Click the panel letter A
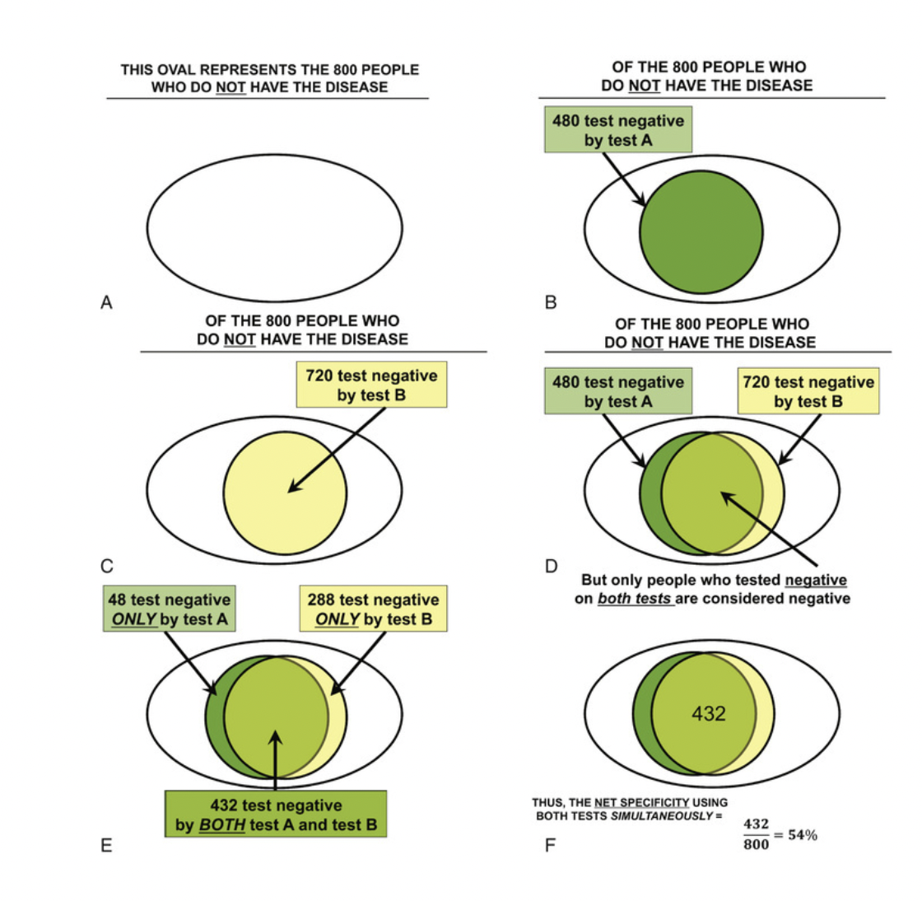[106, 302]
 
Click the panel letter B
[551, 302]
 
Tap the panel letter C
[107, 566]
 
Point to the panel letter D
[552, 566]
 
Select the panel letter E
[106, 845]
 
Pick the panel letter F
[551, 845]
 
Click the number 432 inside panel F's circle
[709, 713]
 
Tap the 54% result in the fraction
[803, 834]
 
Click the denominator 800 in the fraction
[757, 844]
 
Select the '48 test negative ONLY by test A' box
[170, 609]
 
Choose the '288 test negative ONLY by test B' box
[374, 609]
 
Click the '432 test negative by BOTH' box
[276, 814]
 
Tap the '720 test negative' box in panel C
[371, 385]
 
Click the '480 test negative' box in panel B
[618, 129]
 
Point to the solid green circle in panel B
[701, 231]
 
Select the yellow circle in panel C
[285, 493]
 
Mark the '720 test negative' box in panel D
[808, 391]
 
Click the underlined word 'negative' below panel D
[816, 580]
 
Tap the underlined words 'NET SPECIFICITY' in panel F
[641, 803]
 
